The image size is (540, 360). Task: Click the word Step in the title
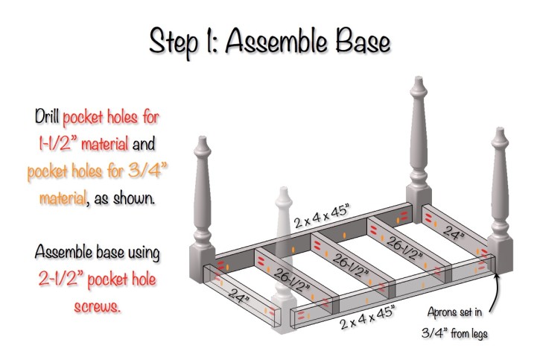(x=174, y=42)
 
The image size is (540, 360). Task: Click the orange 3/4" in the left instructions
(x=147, y=170)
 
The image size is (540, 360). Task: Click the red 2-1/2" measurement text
(x=60, y=278)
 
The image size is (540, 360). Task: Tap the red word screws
(x=98, y=306)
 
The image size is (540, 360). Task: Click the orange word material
(x=63, y=198)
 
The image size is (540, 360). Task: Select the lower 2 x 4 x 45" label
(x=367, y=318)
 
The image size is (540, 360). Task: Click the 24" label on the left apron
(x=238, y=296)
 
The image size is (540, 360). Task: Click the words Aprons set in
(x=454, y=312)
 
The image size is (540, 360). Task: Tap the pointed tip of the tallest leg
(x=419, y=78)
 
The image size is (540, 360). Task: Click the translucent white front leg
(x=284, y=262)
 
